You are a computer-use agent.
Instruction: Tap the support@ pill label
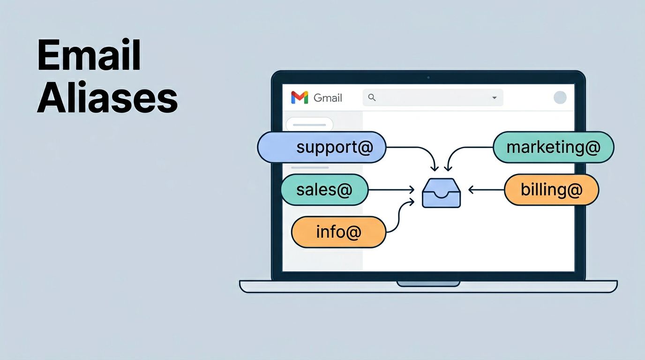coord(322,147)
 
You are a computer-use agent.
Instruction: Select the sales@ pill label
coord(324,189)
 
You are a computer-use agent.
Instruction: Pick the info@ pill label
coord(338,232)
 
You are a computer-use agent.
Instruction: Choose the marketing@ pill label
coord(553,147)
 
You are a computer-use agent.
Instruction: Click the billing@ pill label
coord(551,189)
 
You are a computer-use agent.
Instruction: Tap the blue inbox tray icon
coord(441,193)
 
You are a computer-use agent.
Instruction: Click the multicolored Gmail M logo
coord(300,97)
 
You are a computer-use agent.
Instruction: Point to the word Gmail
coord(328,97)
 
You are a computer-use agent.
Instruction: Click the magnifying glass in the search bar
coord(372,97)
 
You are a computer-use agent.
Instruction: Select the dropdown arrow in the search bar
coord(494,98)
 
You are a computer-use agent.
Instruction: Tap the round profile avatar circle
coord(560,97)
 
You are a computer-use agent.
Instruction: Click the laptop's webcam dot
coord(428,77)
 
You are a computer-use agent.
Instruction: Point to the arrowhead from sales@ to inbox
coord(412,190)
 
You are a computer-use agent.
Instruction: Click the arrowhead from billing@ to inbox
coord(471,190)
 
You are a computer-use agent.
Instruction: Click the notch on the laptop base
coord(428,284)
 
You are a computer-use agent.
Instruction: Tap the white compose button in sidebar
coord(309,125)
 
